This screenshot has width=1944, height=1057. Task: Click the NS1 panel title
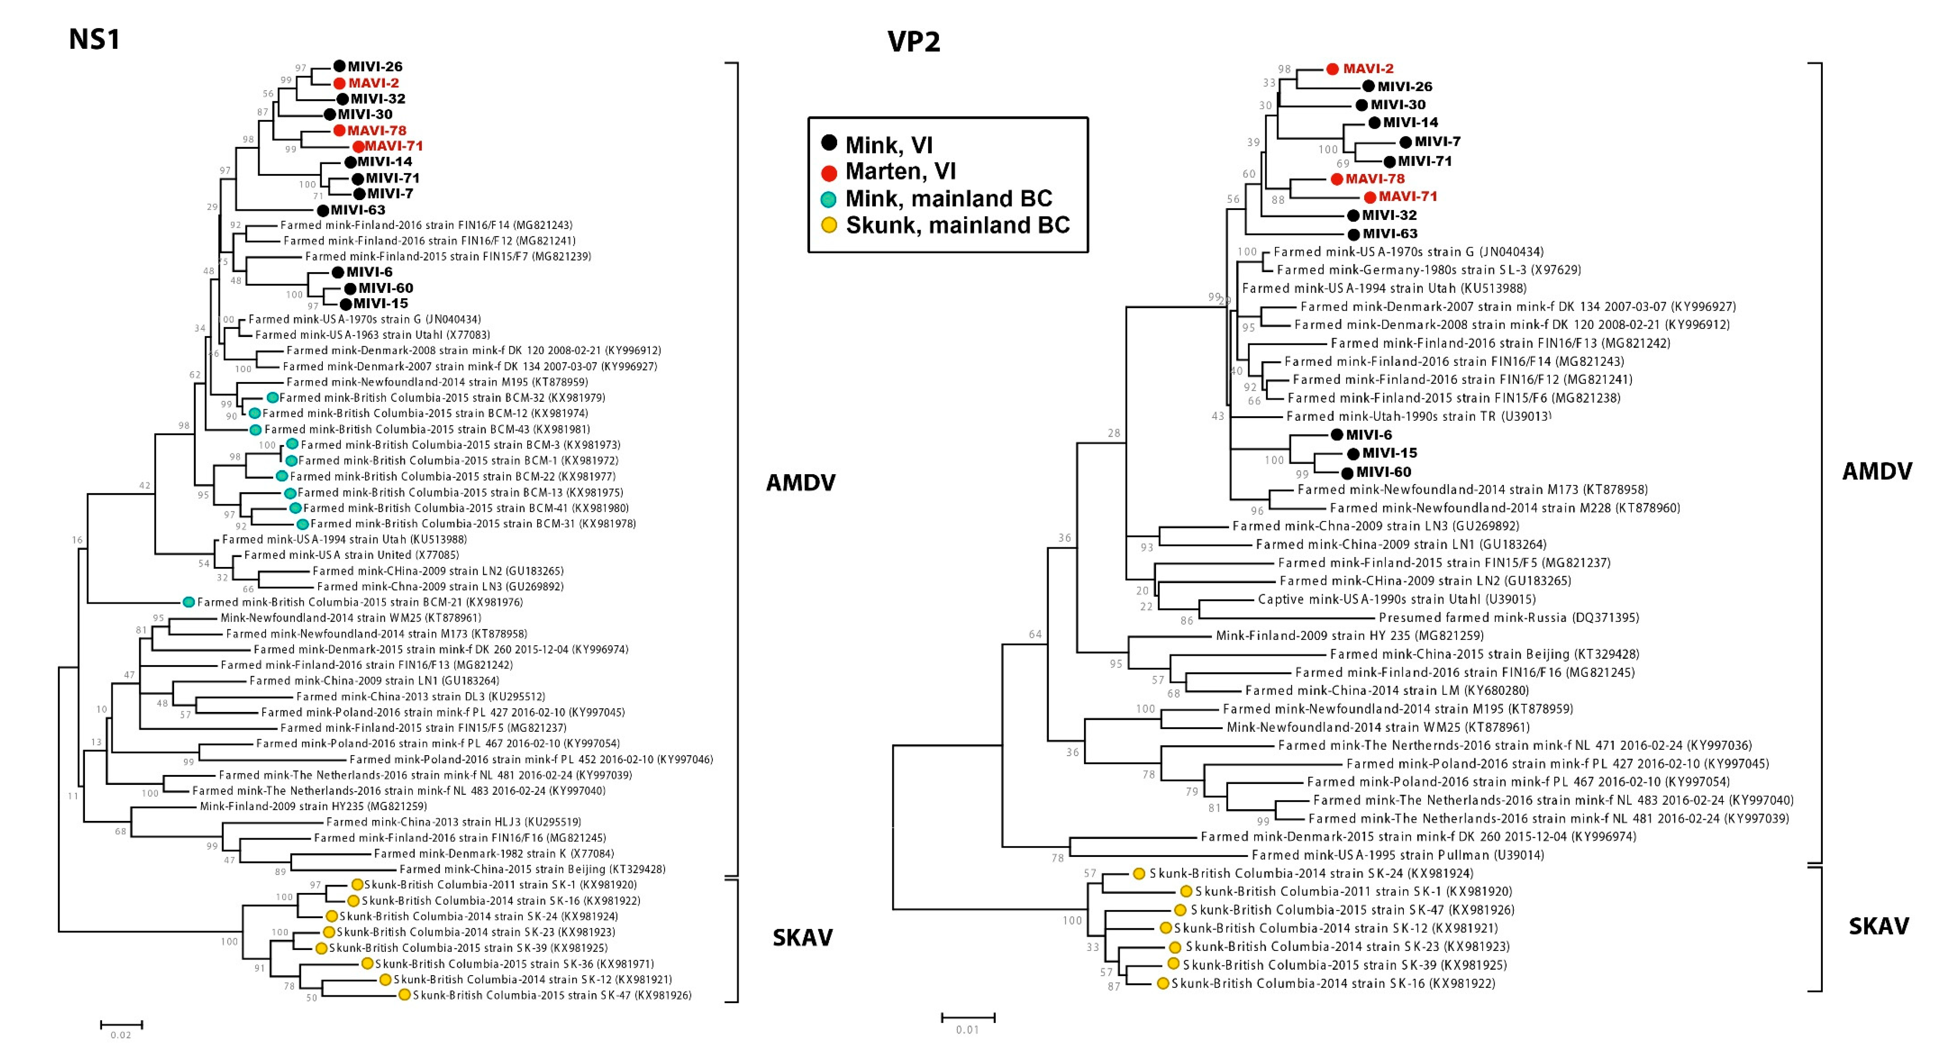(x=94, y=39)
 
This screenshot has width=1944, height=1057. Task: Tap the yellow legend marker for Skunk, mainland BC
(x=829, y=225)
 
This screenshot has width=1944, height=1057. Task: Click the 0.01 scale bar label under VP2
(x=967, y=1029)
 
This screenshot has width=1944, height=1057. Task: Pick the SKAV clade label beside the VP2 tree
(x=1878, y=926)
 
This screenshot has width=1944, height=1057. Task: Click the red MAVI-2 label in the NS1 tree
(x=374, y=83)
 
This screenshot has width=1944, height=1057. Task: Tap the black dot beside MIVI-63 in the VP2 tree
(x=1354, y=235)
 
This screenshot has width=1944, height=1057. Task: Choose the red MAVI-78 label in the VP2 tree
(x=1375, y=179)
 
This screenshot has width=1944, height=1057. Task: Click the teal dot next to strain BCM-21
(x=189, y=602)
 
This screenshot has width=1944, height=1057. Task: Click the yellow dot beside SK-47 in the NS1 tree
(x=404, y=995)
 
